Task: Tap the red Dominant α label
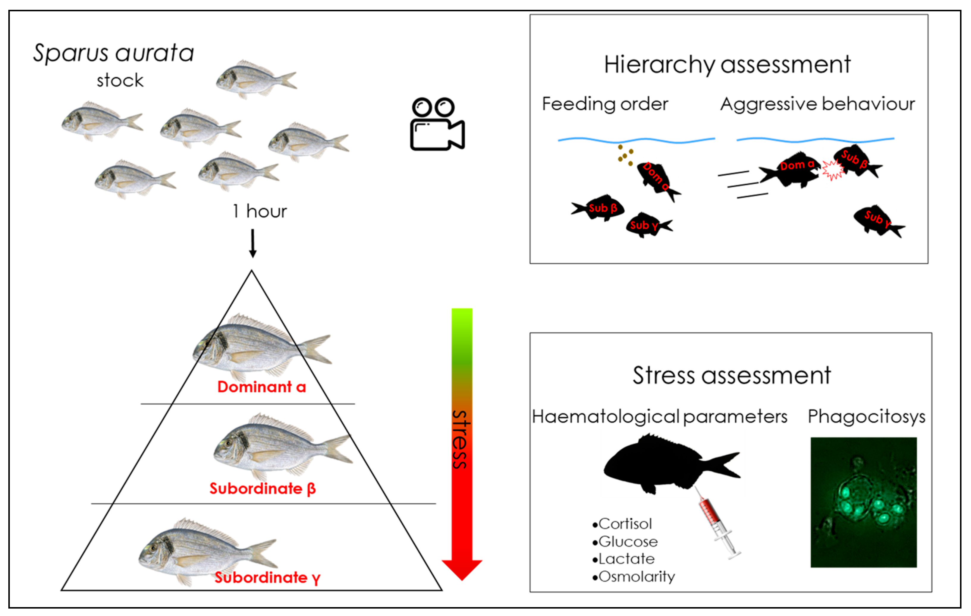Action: pyautogui.click(x=261, y=387)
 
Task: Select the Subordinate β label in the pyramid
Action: pyautogui.click(x=262, y=489)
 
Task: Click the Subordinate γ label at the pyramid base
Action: pyautogui.click(x=267, y=578)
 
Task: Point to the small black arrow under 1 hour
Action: pyautogui.click(x=252, y=243)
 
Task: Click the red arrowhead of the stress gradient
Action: pyautogui.click(x=462, y=568)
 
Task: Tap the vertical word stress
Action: pyautogui.click(x=461, y=439)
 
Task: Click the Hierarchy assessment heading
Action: pyautogui.click(x=727, y=64)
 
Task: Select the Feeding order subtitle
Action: pyautogui.click(x=605, y=104)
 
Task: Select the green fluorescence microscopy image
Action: pyautogui.click(x=863, y=502)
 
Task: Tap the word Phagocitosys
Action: pyautogui.click(x=866, y=416)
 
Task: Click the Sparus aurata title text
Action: pyautogui.click(x=113, y=53)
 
